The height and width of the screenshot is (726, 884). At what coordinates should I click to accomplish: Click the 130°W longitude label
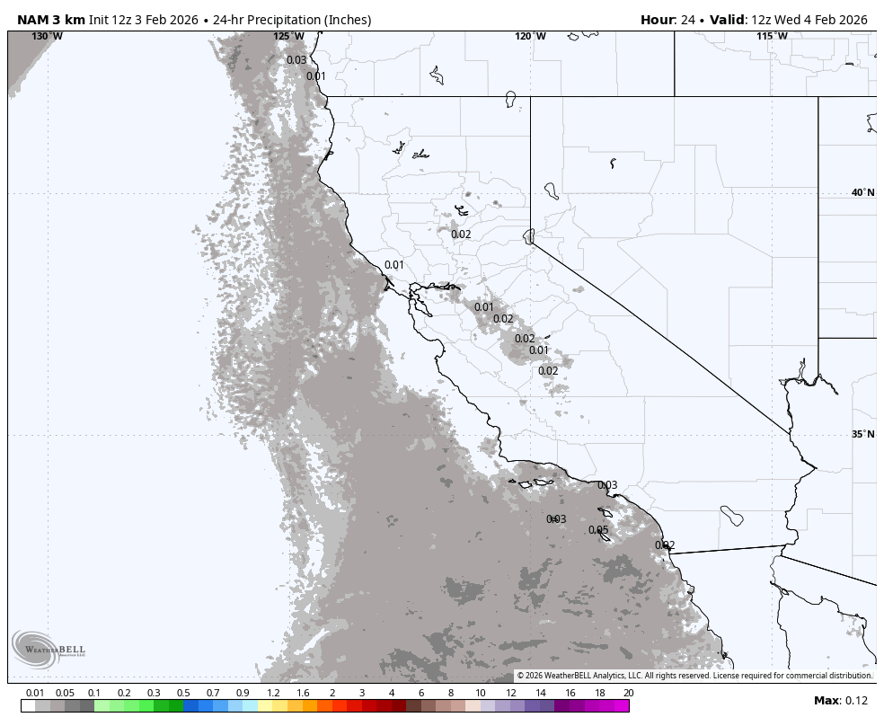(x=47, y=36)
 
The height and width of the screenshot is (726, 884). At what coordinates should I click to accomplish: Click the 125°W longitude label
(x=288, y=36)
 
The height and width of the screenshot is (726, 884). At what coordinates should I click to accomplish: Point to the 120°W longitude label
(x=530, y=36)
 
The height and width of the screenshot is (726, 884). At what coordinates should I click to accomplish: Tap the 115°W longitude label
(x=772, y=36)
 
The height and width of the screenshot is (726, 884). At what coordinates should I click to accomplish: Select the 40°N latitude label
(x=862, y=192)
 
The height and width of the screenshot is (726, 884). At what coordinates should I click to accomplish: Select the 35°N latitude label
(x=862, y=434)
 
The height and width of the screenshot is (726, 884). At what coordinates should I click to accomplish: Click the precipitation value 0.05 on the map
(x=598, y=530)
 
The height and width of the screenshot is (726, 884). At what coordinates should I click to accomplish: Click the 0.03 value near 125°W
(x=296, y=60)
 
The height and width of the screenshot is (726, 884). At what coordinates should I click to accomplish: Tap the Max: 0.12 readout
(x=841, y=701)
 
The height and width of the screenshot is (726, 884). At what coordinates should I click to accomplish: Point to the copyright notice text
(x=694, y=676)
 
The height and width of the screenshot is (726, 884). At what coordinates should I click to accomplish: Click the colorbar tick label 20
(x=628, y=693)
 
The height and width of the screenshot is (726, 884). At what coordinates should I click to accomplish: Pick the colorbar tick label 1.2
(x=273, y=693)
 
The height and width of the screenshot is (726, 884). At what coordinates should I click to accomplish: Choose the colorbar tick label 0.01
(x=35, y=693)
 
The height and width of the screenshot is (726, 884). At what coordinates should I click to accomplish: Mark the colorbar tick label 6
(x=420, y=693)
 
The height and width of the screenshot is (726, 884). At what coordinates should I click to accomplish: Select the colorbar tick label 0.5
(x=183, y=693)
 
